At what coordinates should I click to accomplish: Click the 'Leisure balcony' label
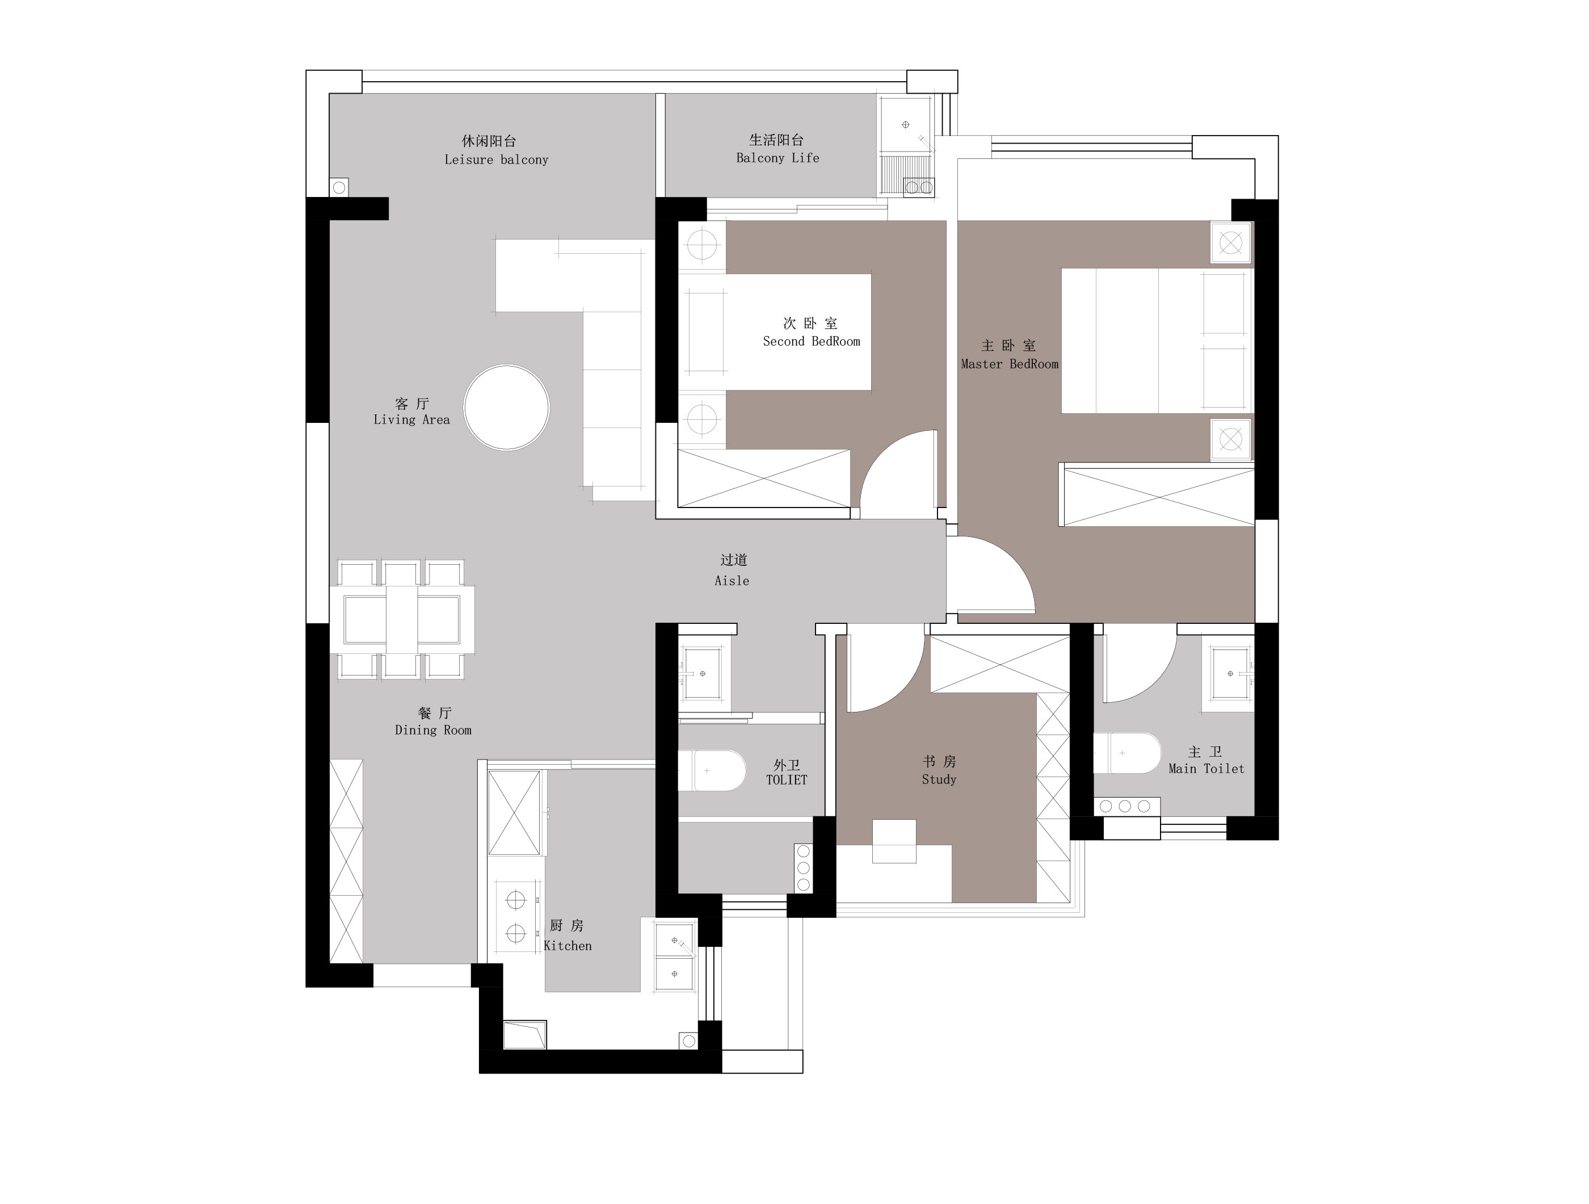(497, 160)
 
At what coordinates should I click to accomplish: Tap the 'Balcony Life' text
(777, 158)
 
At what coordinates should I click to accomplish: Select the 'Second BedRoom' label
(812, 341)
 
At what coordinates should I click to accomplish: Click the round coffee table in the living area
(506, 408)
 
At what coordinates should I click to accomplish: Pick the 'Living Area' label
(411, 419)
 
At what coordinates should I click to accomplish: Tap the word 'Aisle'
(732, 581)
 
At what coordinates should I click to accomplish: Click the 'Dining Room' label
(433, 730)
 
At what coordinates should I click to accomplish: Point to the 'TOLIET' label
(787, 779)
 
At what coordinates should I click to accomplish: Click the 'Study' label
(939, 779)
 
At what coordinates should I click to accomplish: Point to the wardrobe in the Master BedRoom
(1157, 496)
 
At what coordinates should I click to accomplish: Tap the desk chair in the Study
(894, 841)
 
